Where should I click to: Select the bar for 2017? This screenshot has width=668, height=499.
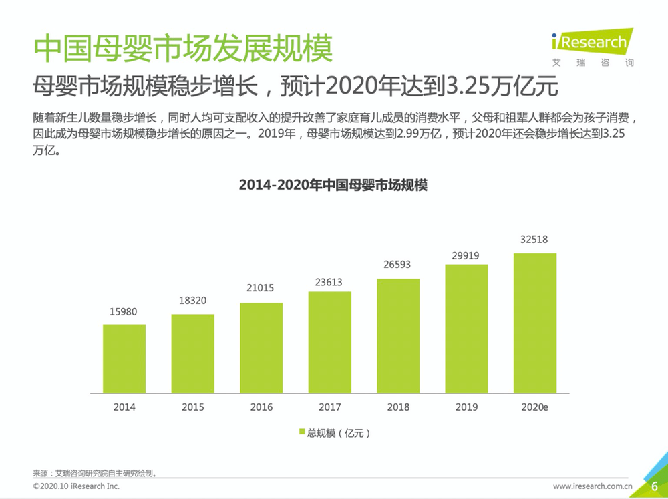point(330,342)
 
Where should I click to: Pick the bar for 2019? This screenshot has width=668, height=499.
point(466,329)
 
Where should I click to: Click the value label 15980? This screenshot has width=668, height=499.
point(124,312)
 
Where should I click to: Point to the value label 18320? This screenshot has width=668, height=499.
point(192,301)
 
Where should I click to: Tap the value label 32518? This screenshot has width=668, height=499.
point(535,240)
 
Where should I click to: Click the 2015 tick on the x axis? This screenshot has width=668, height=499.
point(192,406)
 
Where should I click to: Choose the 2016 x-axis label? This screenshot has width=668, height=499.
point(261,406)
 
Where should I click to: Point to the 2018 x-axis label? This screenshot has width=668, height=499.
point(398,406)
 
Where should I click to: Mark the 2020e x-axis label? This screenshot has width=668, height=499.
point(535,406)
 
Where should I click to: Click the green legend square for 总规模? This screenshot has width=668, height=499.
point(301,433)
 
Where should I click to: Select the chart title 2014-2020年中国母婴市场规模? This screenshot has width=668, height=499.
point(333,186)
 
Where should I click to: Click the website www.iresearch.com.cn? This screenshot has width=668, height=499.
point(593,486)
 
